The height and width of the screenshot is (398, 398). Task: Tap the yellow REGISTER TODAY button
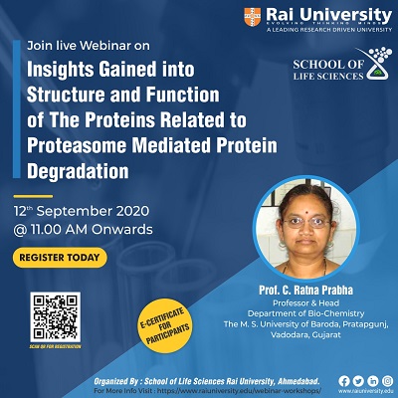pyautogui.click(x=60, y=259)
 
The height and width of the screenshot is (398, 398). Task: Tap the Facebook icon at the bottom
pyautogui.click(x=344, y=380)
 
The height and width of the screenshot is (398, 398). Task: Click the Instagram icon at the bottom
pyautogui.click(x=386, y=380)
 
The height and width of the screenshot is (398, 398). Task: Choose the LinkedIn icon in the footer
pyautogui.click(x=372, y=380)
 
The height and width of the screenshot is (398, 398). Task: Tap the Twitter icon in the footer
pyautogui.click(x=358, y=380)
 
